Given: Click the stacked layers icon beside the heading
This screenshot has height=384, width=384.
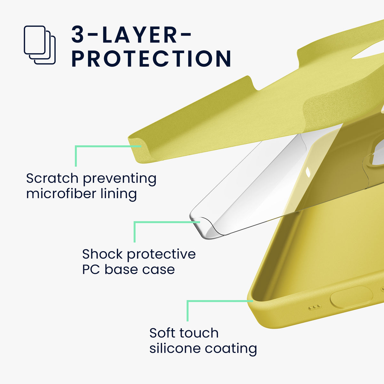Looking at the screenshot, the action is pos(40,45).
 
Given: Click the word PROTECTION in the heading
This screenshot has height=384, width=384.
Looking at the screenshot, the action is pos(151,59).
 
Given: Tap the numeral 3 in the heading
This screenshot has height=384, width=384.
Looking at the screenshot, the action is pos(77,34).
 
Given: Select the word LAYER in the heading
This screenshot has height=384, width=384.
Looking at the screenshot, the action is pos(139,34).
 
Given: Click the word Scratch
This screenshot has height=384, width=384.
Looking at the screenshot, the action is pos(52,178).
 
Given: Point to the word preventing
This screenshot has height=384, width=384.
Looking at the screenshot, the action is pos(120,179).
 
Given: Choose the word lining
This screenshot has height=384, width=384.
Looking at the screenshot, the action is pos(119,194).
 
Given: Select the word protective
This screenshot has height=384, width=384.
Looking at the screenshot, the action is pos(161,255).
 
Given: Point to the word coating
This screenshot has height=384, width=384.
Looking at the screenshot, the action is pos(231,349).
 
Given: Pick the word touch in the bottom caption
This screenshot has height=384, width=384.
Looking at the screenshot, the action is pos(199,333).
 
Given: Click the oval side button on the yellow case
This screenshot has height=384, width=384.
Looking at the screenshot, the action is pos(351,298).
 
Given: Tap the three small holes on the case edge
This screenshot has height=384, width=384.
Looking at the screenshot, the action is pos(315,307).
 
